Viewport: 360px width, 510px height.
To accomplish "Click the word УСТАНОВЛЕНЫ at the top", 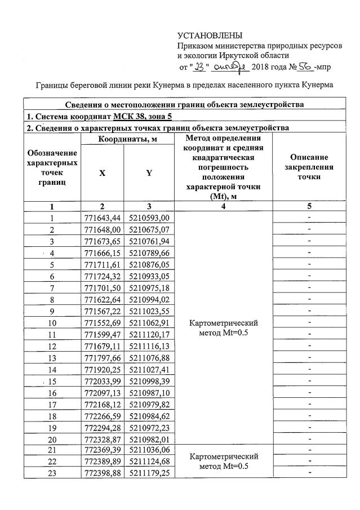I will pos(210,37).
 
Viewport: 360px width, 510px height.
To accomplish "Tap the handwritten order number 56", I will pos(305,67).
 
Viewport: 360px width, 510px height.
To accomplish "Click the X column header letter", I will pos(103,174).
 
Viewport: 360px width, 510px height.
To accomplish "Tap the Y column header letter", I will pos(149,174).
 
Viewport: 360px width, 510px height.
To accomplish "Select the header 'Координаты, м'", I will pos(125,139).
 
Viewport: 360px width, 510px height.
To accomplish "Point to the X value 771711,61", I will pos(102,265).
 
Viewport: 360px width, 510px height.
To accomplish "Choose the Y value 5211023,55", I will pos(149,311).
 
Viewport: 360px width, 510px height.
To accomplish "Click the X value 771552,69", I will pos(102,323).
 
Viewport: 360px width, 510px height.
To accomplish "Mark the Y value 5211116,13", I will pos(149,346).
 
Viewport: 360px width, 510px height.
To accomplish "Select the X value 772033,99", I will pos(102,381).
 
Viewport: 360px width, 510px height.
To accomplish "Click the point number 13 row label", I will pos(52,358).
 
